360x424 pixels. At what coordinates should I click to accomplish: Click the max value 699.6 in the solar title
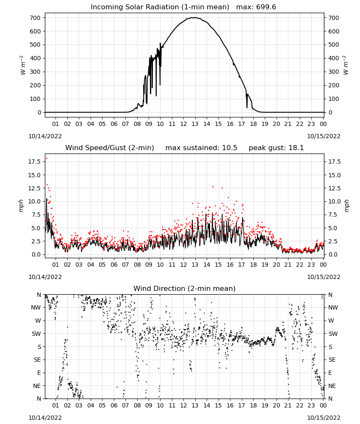tap(266, 7)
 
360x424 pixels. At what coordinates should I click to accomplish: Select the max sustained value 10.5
tap(230, 148)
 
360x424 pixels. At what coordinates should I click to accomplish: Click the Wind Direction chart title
tap(185, 288)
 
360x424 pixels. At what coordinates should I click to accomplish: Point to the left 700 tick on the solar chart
tap(35, 18)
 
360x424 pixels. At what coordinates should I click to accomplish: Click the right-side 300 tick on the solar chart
tap(334, 72)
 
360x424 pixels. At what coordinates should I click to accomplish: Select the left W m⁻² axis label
tap(23, 65)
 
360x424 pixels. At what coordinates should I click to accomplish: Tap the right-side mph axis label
tap(346, 206)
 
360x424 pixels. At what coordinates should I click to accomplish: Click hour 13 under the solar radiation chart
tap(195, 124)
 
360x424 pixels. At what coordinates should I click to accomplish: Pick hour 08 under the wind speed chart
tap(137, 265)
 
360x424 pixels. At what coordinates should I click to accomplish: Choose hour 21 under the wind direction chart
tap(288, 405)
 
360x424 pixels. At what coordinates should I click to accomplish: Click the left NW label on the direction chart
tap(36, 308)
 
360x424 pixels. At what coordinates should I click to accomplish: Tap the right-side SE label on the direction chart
tap(332, 360)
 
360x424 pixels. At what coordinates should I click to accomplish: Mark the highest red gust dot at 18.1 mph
tap(47, 159)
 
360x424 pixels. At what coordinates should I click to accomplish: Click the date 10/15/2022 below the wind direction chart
tap(324, 418)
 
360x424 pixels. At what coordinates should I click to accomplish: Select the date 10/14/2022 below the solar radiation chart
tap(45, 136)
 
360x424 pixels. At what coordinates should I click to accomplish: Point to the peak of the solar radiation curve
tap(194, 17)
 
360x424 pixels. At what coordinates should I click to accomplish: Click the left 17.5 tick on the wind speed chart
tap(34, 162)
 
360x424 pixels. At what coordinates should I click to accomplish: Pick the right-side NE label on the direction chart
tap(332, 386)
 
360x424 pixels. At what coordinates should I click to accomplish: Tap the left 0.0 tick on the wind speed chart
tap(36, 254)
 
